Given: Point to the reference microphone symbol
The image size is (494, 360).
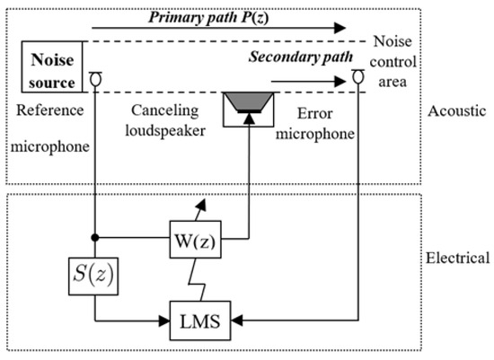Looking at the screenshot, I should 94,79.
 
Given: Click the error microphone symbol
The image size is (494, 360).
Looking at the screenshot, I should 357,79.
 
